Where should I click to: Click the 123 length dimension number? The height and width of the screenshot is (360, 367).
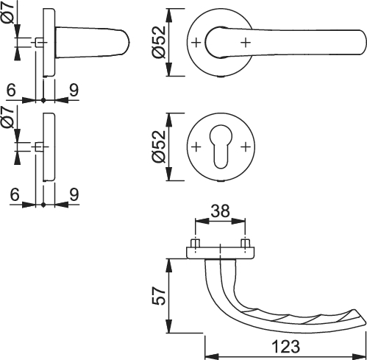pyautogui.click(x=285, y=347)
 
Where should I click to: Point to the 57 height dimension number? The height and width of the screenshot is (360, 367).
pyautogui.click(x=159, y=296)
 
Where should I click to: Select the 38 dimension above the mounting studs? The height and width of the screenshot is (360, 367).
pyautogui.click(x=221, y=211)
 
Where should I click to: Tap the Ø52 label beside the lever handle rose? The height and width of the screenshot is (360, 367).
pyautogui.click(x=159, y=42)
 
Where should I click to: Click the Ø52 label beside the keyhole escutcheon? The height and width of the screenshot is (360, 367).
pyautogui.click(x=159, y=147)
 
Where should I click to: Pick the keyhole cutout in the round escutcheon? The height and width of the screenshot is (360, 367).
pyautogui.click(x=221, y=147)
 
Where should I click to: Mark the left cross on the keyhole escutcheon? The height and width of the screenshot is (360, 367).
pyautogui.click(x=196, y=147)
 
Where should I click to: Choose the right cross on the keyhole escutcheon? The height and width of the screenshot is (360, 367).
pyautogui.click(x=246, y=147)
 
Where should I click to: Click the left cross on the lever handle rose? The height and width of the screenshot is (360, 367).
pyautogui.click(x=196, y=43)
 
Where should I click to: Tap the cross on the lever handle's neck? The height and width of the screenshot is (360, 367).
pyautogui.click(x=246, y=43)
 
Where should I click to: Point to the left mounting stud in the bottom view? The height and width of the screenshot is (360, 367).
pyautogui.click(x=196, y=243)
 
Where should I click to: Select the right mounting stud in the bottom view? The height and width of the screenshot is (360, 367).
pyautogui.click(x=246, y=243)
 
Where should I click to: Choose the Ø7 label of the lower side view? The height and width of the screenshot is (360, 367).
pyautogui.click(x=8, y=118)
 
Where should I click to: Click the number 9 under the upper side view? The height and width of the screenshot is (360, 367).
pyautogui.click(x=74, y=90)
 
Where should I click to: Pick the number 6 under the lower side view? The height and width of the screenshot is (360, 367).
pyautogui.click(x=15, y=194)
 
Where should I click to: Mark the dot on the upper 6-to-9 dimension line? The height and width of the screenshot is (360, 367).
pyautogui.click(x=43, y=100)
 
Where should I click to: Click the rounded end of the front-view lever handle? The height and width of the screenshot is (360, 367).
pyautogui.click(x=363, y=43)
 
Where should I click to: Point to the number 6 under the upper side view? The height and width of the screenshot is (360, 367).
pyautogui.click(x=11, y=90)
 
